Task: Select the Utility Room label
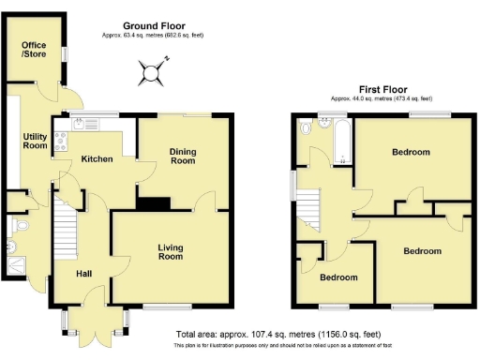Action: click(x=35, y=141)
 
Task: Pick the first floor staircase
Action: click(x=311, y=207)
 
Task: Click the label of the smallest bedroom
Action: click(x=338, y=277)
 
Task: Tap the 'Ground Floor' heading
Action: click(x=154, y=26)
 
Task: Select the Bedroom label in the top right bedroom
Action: click(x=412, y=152)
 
